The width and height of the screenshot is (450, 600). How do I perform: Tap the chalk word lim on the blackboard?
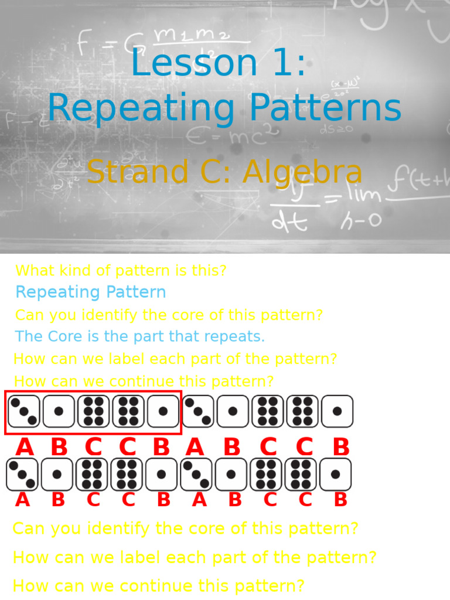(361, 193)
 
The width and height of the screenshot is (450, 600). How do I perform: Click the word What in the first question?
(34, 271)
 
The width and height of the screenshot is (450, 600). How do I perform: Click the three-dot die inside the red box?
(24, 411)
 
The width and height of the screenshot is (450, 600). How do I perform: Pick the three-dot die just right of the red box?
(197, 411)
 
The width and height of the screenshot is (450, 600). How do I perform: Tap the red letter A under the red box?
(25, 448)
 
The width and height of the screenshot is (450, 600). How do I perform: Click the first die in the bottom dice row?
(22, 475)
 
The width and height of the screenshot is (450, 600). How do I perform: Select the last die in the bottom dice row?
(335, 475)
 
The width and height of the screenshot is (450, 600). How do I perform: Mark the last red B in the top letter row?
(341, 448)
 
